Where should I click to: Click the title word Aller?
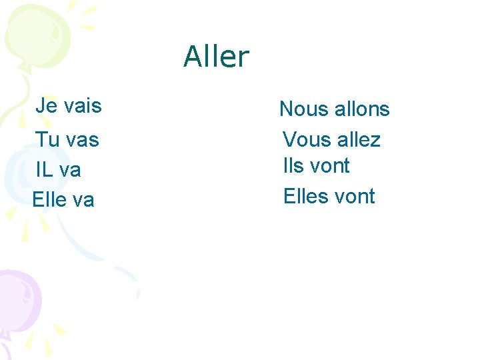pos(216,57)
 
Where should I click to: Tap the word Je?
pos(46,105)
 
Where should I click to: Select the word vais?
pos(81,105)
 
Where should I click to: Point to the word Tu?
pos(47,140)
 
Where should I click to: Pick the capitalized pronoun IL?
pos(45,170)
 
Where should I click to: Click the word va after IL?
pos(70,171)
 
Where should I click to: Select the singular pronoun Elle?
pos(49,199)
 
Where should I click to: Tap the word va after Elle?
pos(83,200)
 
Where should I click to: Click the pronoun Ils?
pos(294,165)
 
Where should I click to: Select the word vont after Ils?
pos(329,165)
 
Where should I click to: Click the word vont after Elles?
pos(355,196)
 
